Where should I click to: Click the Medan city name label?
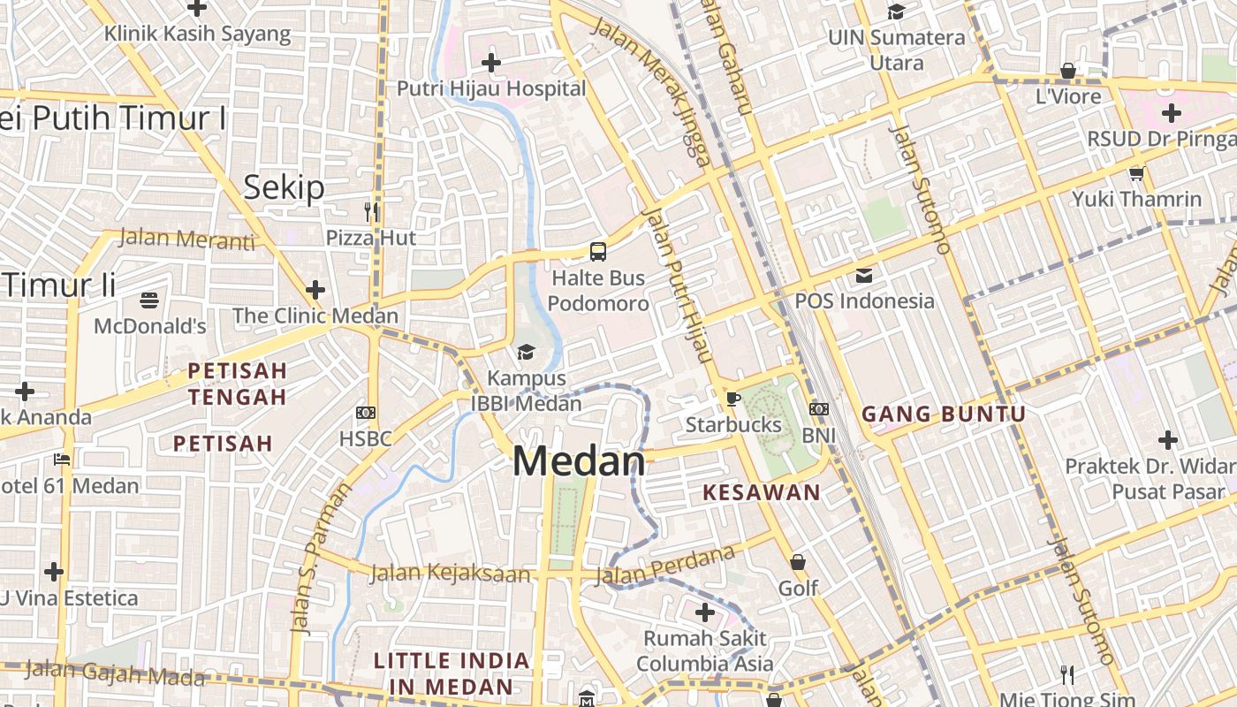[579, 462]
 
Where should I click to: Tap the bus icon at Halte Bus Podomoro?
[598, 252]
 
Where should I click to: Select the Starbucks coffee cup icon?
[732, 399]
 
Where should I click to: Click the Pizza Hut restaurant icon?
[371, 211]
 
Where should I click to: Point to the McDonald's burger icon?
[149, 300]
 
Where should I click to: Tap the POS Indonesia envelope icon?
[864, 276]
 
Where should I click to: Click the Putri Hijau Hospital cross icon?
[491, 63]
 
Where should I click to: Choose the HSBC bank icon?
[366, 413]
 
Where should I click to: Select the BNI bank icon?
[819, 409]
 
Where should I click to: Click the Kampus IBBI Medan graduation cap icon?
[526, 353]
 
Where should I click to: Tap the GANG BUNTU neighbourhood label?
[944, 414]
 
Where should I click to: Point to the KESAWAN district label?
[762, 493]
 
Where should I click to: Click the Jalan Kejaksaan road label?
[451, 573]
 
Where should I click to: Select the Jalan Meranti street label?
[186, 239]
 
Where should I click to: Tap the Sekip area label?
[284, 187]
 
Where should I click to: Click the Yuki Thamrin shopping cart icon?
[1136, 173]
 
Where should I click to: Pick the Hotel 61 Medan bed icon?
[62, 460]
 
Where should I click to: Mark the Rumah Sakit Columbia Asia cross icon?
[705, 612]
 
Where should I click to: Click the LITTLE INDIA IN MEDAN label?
[452, 673]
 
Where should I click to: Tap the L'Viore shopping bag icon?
[1068, 71]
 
